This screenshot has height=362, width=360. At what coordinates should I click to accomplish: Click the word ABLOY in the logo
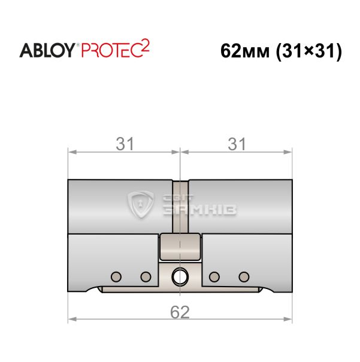[x=47, y=50]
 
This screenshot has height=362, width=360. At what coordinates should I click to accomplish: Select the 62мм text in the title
[x=245, y=51]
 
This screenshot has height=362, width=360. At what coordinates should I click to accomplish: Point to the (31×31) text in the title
[x=309, y=51]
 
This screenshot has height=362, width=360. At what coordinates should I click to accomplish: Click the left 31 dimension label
[x=125, y=144]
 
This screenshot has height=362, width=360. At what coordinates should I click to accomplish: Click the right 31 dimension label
[x=237, y=144]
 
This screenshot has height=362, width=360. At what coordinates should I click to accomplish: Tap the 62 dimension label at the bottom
[x=180, y=312]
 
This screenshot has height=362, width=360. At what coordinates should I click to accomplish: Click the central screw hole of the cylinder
[x=180, y=276]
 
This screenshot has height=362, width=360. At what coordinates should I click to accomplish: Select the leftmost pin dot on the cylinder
[x=116, y=276]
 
